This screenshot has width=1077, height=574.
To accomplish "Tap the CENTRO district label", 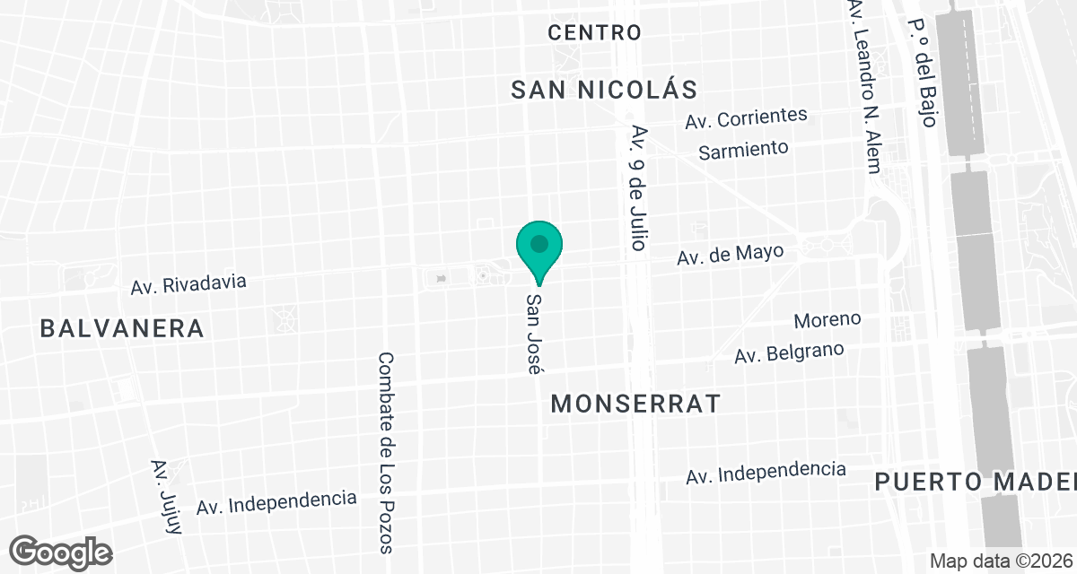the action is click(x=594, y=33).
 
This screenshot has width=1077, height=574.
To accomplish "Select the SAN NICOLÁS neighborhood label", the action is click(x=604, y=90).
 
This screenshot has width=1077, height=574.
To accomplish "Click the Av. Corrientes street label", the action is click(x=746, y=117).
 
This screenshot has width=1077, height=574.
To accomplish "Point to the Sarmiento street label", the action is click(x=743, y=150).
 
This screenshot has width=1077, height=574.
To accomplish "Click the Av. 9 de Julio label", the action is click(x=638, y=187).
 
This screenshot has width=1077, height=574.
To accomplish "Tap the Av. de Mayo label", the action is click(x=731, y=255).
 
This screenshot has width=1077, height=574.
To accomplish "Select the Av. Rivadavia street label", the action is click(x=188, y=284).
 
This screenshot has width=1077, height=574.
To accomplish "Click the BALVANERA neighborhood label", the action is click(x=122, y=328).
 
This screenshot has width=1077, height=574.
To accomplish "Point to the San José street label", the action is click(x=535, y=333).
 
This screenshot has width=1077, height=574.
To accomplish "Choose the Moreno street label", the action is click(x=827, y=319).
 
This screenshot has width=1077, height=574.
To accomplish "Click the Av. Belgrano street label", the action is click(x=789, y=352).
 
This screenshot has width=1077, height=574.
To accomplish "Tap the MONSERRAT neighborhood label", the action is click(x=635, y=404).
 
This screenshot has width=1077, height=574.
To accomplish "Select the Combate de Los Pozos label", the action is click(x=387, y=452).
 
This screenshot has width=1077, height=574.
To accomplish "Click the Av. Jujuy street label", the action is click(x=167, y=497).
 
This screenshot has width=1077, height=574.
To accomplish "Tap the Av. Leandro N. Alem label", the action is click(x=864, y=86).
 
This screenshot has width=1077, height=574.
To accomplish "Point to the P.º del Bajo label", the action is click(x=923, y=73).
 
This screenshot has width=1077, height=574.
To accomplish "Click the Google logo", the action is click(x=62, y=552).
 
